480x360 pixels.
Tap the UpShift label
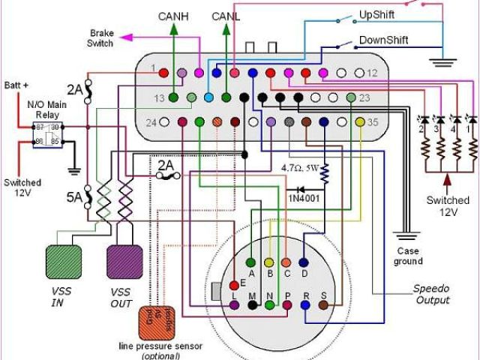tap(379, 14)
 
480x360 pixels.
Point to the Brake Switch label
tap(102, 38)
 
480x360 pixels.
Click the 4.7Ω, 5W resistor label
tap(299, 167)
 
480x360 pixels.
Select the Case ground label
tap(407, 256)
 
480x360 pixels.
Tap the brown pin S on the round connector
tap(323, 304)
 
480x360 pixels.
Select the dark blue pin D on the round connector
tap(304, 262)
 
